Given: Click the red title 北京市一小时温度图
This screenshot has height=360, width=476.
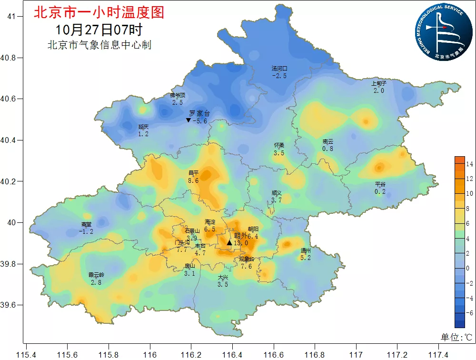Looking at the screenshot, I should (x=99, y=12).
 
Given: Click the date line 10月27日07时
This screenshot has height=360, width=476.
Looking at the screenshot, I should (x=99, y=30).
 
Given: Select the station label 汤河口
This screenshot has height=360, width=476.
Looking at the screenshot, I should (x=279, y=69).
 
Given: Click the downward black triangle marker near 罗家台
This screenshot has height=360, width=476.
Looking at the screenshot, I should (x=188, y=120).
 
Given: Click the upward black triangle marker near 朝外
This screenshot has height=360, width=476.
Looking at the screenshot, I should (x=229, y=243).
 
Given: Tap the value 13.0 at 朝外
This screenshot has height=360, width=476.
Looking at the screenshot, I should (x=241, y=243).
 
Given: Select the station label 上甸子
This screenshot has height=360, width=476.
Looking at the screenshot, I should (x=379, y=83).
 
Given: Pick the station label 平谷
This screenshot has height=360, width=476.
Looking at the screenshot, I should (x=380, y=184).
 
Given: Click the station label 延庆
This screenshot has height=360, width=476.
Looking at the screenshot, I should (x=144, y=127).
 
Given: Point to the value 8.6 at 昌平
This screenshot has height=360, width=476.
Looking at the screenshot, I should (x=193, y=180).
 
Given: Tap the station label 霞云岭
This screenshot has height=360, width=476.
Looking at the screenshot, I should (x=96, y=275).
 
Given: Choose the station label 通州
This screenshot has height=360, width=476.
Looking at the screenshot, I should (x=306, y=250).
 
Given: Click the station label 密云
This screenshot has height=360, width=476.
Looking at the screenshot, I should (x=327, y=141).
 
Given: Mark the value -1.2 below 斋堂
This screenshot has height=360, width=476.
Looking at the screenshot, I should (x=86, y=231).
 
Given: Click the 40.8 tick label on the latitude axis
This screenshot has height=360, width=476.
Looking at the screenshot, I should (x=9, y=58).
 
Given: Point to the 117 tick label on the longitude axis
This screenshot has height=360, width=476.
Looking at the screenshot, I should (x=356, y=355).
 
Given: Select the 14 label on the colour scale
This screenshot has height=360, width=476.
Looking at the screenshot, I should (x=469, y=164).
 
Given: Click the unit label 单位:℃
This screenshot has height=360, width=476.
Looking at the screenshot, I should (x=456, y=337).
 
